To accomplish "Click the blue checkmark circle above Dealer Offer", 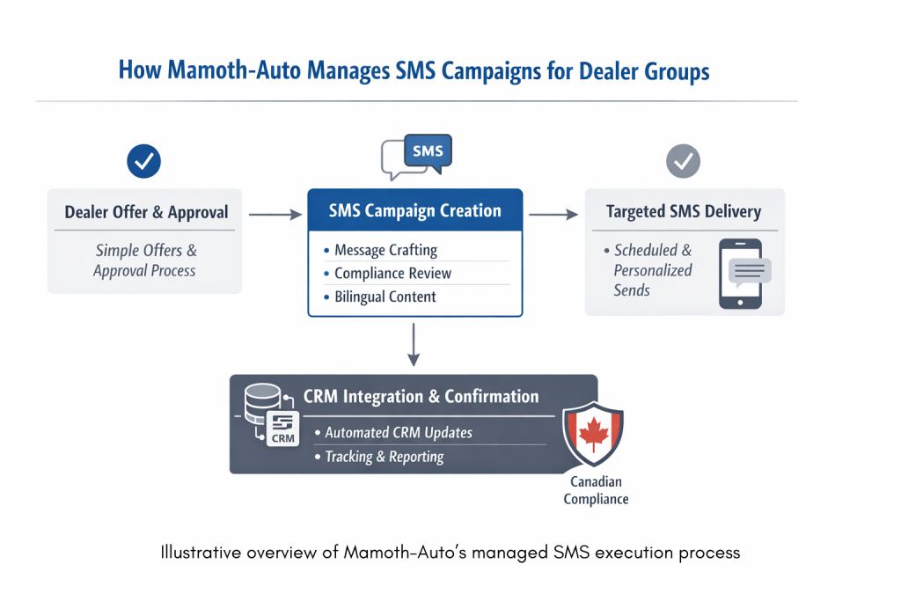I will click(x=144, y=161).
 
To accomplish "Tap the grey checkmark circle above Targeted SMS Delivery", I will click(x=684, y=161).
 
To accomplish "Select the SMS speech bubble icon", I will click(x=416, y=157).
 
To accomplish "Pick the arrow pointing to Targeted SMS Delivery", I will click(x=552, y=214).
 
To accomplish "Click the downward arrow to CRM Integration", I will click(x=414, y=345).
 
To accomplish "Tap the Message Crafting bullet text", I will click(x=385, y=250).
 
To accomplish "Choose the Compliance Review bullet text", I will click(x=392, y=274).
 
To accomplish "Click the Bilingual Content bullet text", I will click(x=385, y=297).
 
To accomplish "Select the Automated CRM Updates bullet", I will click(x=398, y=432).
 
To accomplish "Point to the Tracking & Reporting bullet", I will click(x=384, y=457).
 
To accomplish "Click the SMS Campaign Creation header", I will click(x=414, y=211).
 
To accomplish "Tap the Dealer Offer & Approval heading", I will click(x=146, y=212).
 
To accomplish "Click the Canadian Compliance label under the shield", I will click(x=598, y=490).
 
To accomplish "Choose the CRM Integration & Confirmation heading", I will click(x=421, y=396).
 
